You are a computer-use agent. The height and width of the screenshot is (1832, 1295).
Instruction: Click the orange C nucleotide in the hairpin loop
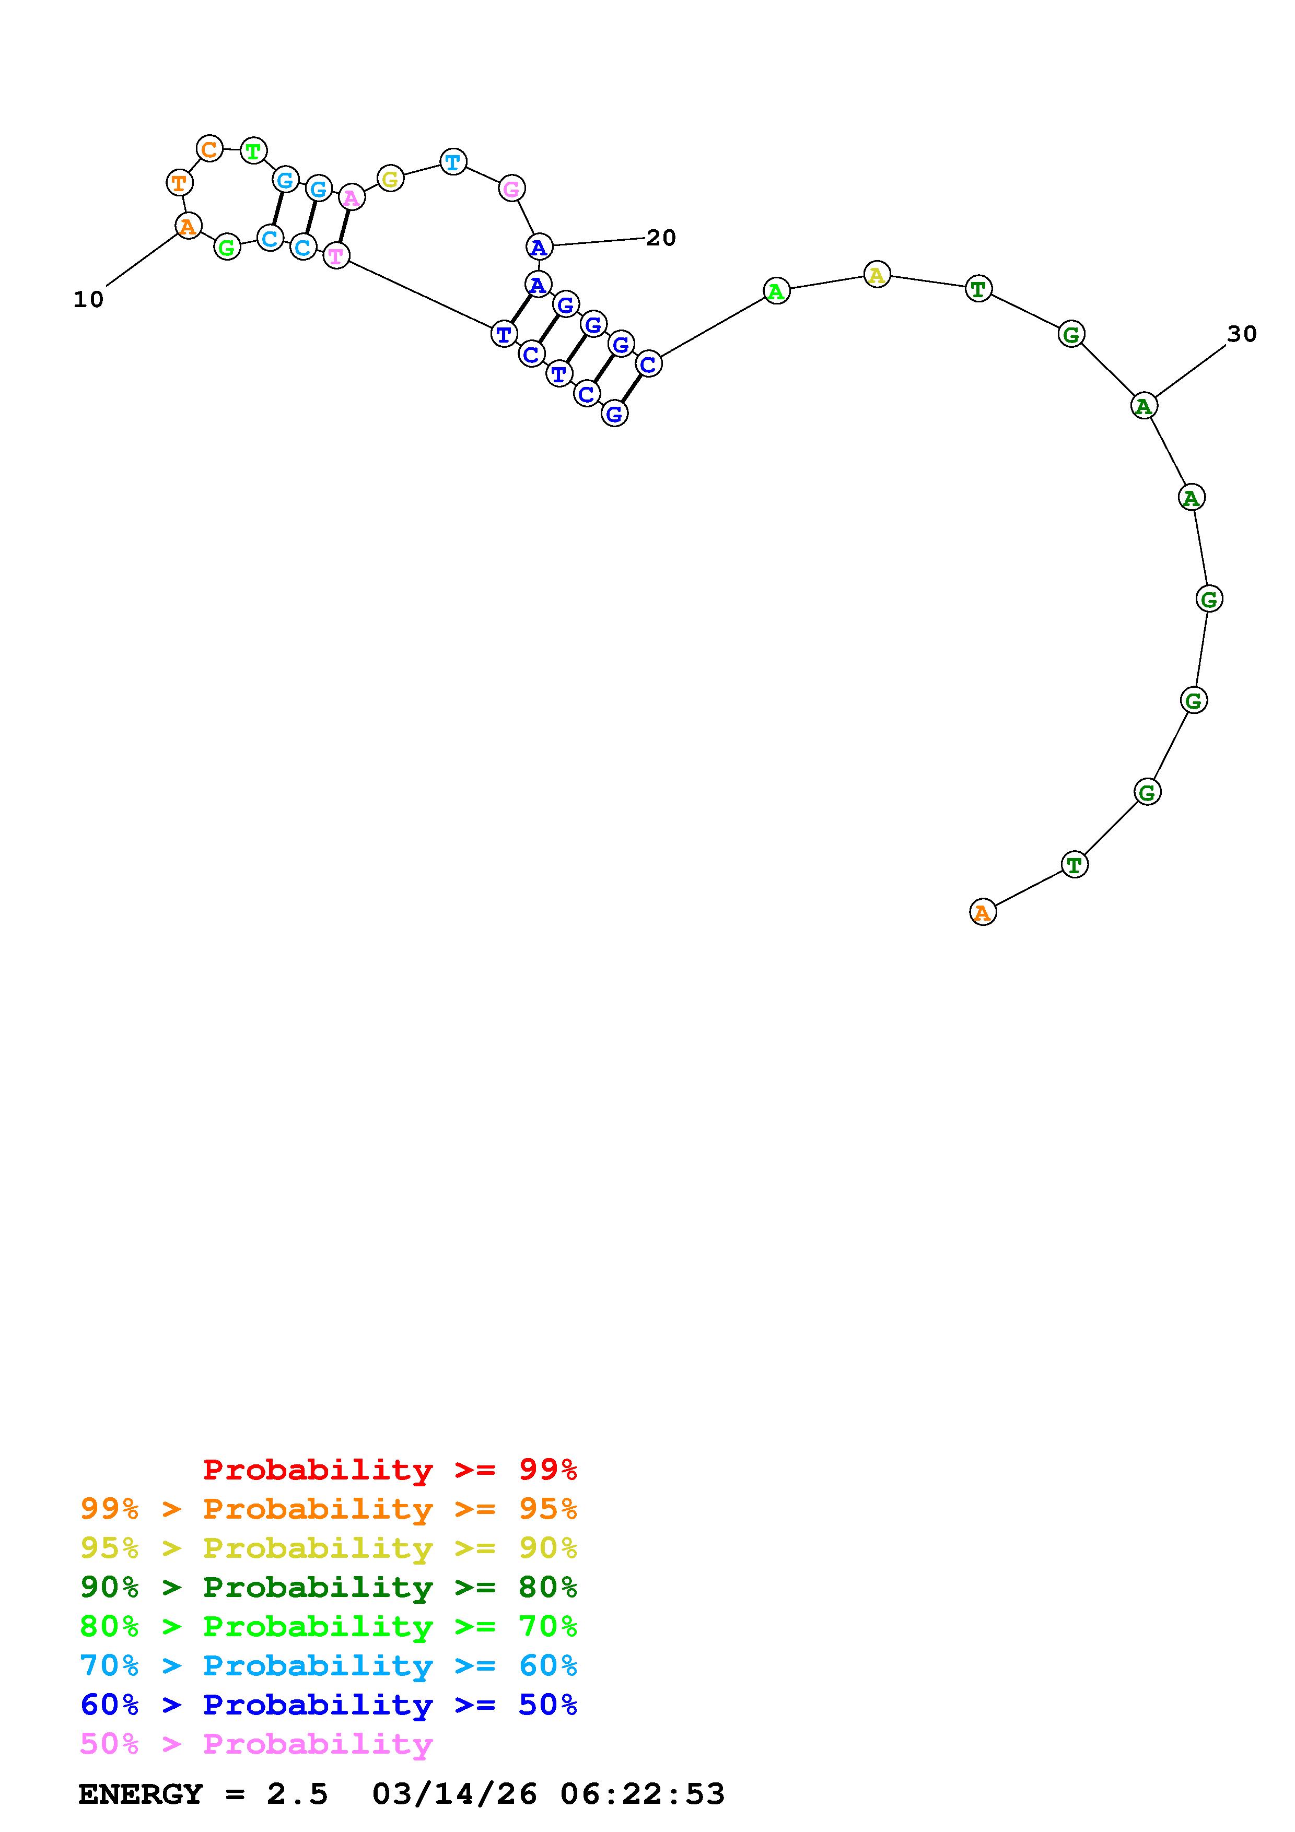point(209,148)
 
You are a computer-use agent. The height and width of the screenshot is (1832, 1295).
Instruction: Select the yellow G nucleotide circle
point(389,179)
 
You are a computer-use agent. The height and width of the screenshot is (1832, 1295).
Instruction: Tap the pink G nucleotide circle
point(511,189)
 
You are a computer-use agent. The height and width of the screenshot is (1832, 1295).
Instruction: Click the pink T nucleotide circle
point(336,256)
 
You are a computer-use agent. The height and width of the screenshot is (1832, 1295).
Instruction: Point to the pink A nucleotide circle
point(351,196)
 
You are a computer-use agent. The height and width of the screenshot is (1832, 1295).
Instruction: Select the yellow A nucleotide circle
point(877,275)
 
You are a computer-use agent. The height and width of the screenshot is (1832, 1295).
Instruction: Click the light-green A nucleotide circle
point(776,291)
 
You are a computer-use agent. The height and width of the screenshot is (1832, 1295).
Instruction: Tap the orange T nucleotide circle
point(180,182)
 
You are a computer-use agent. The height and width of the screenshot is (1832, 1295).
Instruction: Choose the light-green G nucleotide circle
point(227,248)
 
